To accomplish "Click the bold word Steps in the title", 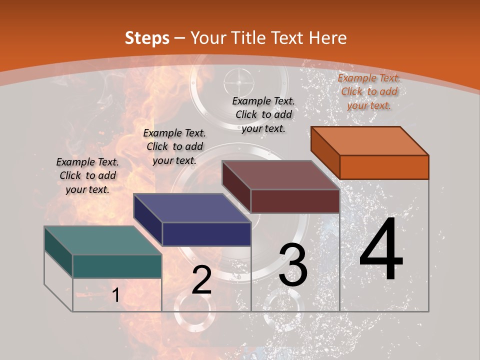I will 147,38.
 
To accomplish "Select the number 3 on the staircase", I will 293,265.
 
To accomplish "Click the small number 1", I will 115,295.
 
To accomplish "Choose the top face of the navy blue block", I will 192,207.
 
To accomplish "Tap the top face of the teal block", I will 103,240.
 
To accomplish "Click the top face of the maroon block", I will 281,175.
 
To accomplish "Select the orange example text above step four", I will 369,91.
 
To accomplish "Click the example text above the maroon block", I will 263,114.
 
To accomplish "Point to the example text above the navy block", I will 174,146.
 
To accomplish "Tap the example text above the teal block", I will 87,175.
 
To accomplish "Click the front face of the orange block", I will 384,167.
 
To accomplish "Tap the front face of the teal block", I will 117,266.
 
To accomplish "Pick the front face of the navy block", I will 206,234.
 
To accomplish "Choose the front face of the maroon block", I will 295,201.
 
